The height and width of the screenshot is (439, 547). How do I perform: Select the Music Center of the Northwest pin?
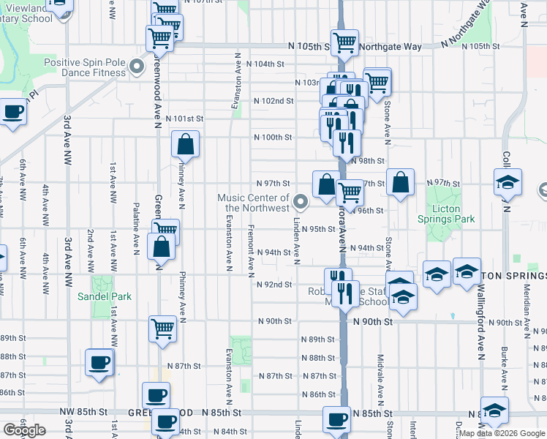coord(300,200)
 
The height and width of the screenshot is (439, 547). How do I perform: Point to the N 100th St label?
coord(273,138)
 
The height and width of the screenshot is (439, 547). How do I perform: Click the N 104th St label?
coord(265,64)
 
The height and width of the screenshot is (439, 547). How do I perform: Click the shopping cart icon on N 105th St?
coord(344,42)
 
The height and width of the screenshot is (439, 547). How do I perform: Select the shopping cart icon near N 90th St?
coord(162,328)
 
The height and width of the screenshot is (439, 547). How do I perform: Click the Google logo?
coord(24,430)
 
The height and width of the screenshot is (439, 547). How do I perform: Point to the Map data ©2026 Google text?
coord(501,433)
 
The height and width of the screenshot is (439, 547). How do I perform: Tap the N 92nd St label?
coord(273,285)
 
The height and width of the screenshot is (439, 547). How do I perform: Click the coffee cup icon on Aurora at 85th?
coord(336,419)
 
